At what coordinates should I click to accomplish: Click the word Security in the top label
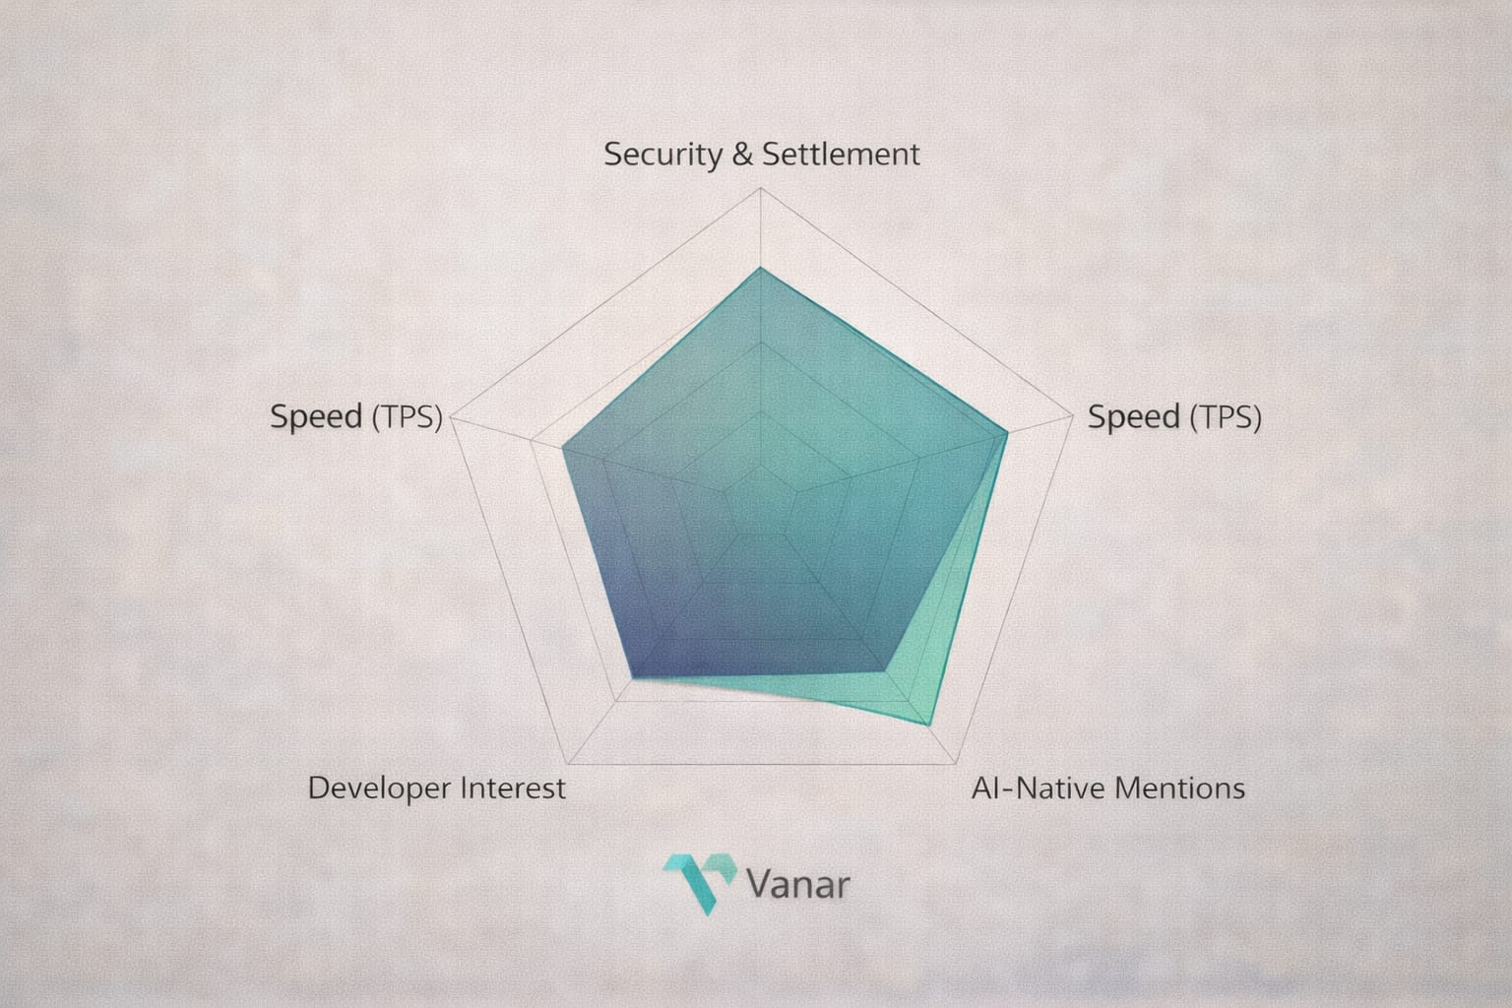coord(662,156)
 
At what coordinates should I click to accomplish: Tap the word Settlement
coord(841,154)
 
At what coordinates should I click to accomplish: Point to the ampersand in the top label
coord(742,154)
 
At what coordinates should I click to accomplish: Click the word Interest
coord(513,787)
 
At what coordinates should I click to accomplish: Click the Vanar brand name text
coord(798,884)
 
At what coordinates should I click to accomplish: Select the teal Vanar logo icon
coord(699,884)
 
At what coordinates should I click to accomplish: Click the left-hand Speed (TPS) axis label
coord(356,416)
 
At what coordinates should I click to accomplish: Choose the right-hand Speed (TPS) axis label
coord(1174,416)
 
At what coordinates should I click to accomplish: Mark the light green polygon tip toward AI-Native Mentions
coord(929,725)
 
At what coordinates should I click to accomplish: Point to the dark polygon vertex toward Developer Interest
coord(633,677)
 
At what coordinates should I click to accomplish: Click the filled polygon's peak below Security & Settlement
coord(761,268)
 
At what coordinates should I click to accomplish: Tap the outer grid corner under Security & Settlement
coord(761,188)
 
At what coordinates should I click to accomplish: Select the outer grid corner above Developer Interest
coord(568,764)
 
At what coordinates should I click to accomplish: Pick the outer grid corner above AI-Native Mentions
coord(956,764)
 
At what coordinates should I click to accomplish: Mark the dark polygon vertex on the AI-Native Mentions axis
coord(885,671)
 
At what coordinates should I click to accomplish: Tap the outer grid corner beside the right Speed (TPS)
coord(1073,415)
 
